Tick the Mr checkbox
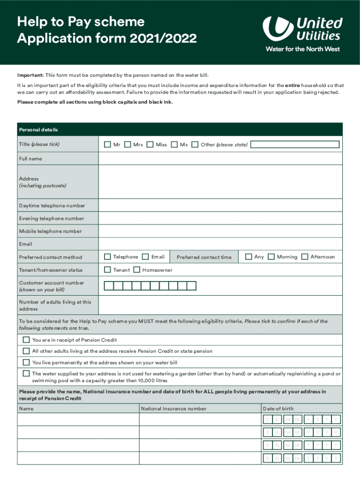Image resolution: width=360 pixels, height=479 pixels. [107, 145]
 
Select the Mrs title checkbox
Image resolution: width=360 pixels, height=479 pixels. [127, 145]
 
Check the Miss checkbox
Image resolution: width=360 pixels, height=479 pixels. [150, 145]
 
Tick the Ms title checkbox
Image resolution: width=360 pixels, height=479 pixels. [174, 145]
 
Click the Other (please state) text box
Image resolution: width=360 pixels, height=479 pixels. [295, 145]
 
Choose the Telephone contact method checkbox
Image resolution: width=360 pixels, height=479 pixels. [107, 257]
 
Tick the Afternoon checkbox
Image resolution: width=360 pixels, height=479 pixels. [305, 257]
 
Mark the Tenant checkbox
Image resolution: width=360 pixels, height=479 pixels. [107, 270]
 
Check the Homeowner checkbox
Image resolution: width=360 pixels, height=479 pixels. [137, 270]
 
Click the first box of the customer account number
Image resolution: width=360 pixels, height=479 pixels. [108, 286]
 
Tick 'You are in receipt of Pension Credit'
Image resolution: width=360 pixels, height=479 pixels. [26, 340]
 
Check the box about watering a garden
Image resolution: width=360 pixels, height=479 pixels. [26, 373]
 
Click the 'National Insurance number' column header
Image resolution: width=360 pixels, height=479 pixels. [173, 408]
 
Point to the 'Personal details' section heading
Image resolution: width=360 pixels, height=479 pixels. [38, 130]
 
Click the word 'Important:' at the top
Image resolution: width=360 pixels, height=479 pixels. [30, 75]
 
